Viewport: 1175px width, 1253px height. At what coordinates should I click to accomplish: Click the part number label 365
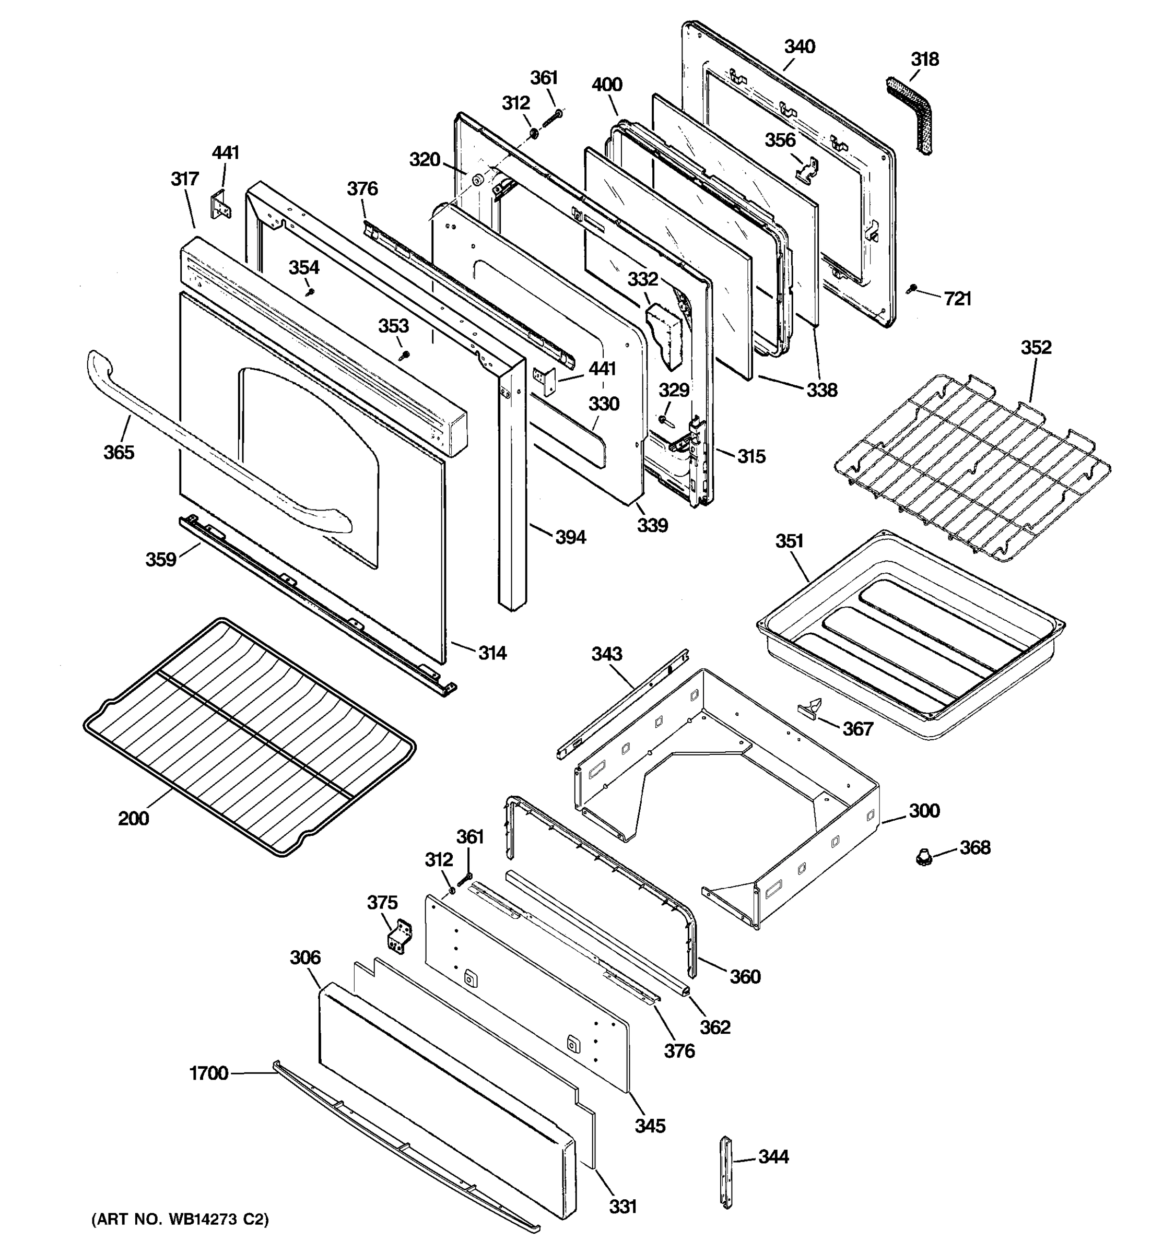click(x=119, y=452)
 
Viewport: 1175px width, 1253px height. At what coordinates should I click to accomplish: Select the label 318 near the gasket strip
click(x=925, y=59)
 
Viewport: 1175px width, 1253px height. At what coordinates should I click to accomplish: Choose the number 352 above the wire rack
click(x=1036, y=347)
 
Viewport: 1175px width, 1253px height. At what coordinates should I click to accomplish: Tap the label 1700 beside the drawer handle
click(x=209, y=1073)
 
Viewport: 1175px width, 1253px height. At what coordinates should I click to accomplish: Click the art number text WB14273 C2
click(x=180, y=1220)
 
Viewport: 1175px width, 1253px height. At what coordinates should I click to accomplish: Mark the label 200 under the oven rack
click(x=134, y=818)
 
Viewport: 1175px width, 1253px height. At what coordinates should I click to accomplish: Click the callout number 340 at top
click(x=800, y=46)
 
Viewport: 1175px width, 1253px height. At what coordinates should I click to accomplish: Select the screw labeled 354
click(x=310, y=292)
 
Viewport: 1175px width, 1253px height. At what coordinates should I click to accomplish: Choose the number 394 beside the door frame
click(x=570, y=537)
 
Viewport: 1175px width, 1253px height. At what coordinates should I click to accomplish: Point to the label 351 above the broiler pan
click(x=789, y=541)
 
